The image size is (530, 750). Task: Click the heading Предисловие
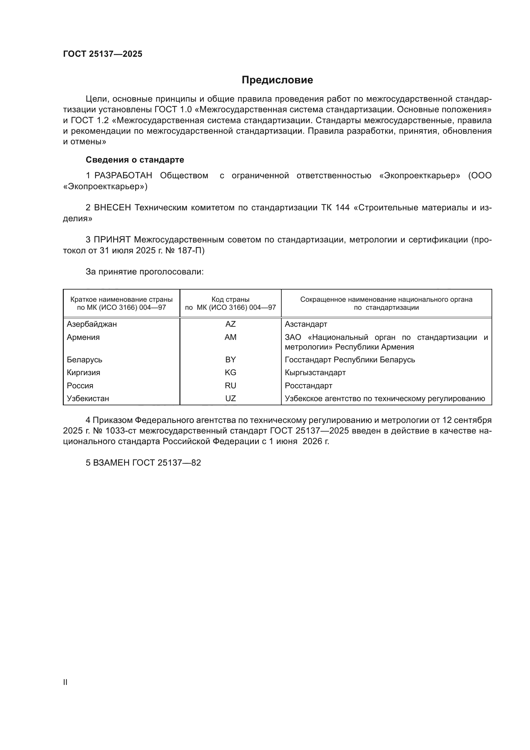pos(277,80)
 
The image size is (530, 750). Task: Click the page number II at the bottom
pos(65,682)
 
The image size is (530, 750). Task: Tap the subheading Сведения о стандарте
pos(135,160)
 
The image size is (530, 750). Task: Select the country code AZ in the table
pos(230,324)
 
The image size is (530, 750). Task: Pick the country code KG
pos(230,372)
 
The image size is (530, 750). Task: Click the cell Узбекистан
pos(88,399)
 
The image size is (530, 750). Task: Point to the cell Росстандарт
pos(308,385)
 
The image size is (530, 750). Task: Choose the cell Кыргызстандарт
pos(315,372)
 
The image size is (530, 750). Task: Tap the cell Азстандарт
pos(306,324)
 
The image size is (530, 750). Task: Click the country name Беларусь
pos(84,360)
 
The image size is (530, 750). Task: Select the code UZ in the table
pos(230,399)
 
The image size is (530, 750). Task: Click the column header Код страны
pos(230,299)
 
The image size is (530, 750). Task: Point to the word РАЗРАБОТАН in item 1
pos(123,176)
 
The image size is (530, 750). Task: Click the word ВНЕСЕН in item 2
pos(112,208)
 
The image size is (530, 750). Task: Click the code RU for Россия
pos(230,385)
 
